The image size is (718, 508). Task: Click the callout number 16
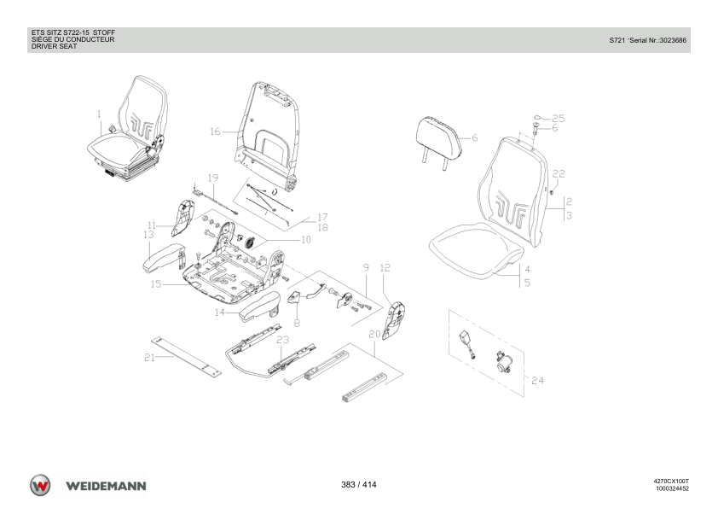(215, 131)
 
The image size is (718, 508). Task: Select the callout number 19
(213, 178)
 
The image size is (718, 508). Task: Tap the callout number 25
(559, 119)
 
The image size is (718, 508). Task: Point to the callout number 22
(559, 174)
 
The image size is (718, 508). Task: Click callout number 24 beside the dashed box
(537, 381)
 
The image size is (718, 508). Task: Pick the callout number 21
(150, 358)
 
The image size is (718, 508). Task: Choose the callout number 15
(156, 284)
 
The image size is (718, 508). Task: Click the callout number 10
(306, 239)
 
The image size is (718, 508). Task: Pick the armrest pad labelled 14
(259, 305)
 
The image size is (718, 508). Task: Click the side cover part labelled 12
(393, 321)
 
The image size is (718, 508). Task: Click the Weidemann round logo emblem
(40, 486)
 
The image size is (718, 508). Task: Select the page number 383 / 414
(359, 485)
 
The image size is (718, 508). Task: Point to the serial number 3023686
(673, 40)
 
